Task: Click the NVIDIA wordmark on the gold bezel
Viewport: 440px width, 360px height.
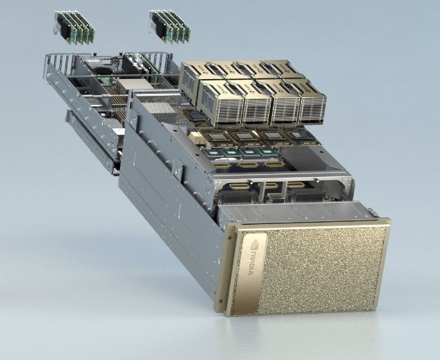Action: point(248,276)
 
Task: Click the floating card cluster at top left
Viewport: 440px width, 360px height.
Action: point(73,26)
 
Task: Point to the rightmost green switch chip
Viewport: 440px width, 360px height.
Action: point(270,153)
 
